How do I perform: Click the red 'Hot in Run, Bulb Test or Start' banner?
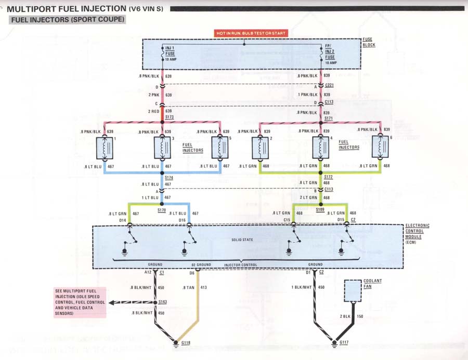[x=251, y=33]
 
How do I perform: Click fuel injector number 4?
[x=320, y=149]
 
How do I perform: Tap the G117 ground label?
[x=344, y=343]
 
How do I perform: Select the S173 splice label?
[x=169, y=117]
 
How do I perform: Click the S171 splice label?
[x=329, y=119]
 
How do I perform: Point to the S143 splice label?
[x=162, y=302]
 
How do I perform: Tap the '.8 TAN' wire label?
[x=189, y=286]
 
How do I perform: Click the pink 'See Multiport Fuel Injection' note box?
[x=80, y=302]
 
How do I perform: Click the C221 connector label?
[x=329, y=85]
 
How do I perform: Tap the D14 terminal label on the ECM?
[x=123, y=220]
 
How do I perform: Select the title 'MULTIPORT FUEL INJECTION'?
[x=66, y=8]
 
